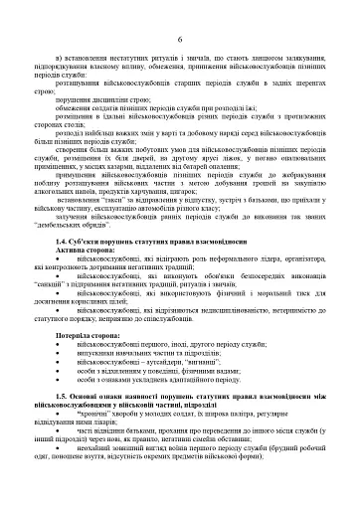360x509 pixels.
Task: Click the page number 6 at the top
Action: (x=180, y=39)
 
